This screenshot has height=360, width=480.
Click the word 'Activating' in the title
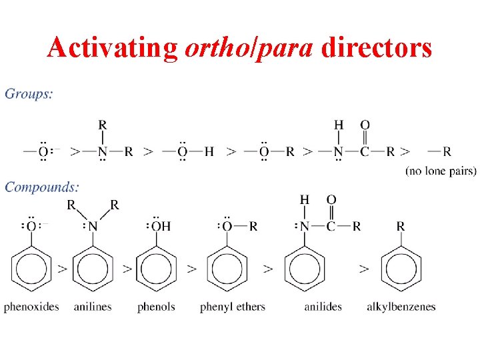pyautogui.click(x=112, y=47)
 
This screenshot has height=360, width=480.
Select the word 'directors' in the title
pyautogui.click(x=376, y=47)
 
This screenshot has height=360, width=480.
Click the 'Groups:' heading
pyautogui.click(x=29, y=93)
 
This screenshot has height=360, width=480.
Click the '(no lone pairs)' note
pyautogui.click(x=441, y=171)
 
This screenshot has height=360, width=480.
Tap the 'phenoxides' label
pyautogui.click(x=31, y=307)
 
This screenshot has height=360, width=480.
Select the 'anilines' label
pyautogui.click(x=92, y=307)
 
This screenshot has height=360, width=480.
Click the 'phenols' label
pyautogui.click(x=156, y=307)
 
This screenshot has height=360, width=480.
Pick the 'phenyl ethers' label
pyautogui.click(x=232, y=307)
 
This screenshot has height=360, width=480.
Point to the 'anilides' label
pyautogui.click(x=323, y=307)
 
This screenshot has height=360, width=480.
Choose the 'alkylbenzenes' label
pyautogui.click(x=401, y=307)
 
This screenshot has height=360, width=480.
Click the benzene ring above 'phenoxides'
pyautogui.click(x=31, y=269)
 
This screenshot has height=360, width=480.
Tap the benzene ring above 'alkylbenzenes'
pyautogui.click(x=401, y=269)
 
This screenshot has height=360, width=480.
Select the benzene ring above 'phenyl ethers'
pyautogui.click(x=227, y=269)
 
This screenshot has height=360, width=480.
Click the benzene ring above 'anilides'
pyautogui.click(x=305, y=269)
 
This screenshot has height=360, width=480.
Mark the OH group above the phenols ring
pyautogui.click(x=161, y=227)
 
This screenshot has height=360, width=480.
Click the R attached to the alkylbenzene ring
pyautogui.click(x=401, y=227)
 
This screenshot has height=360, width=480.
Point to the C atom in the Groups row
pyautogui.click(x=365, y=151)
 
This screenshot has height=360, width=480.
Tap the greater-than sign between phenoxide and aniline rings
pyautogui.click(x=62, y=269)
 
